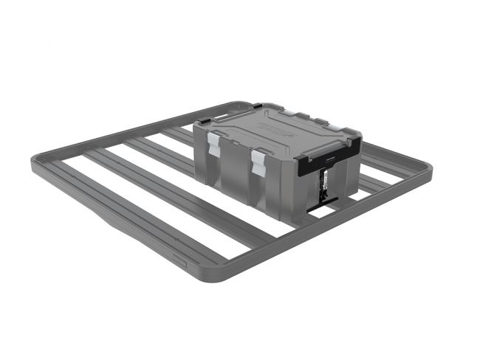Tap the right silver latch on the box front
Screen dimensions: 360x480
[258, 163]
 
